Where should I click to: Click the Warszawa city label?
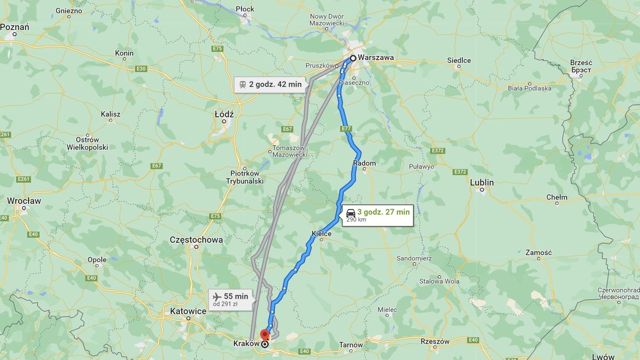[x=376, y=58]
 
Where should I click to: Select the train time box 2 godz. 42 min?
[x=270, y=84]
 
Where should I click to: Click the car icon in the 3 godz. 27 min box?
[x=350, y=212]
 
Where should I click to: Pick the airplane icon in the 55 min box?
[x=217, y=297]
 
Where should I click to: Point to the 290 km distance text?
[x=356, y=219]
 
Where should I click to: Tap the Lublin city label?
[x=482, y=182]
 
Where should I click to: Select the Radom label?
[x=364, y=163]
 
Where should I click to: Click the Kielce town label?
[x=321, y=234]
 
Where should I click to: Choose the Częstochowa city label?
[x=196, y=240]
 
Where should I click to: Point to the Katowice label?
[x=188, y=311]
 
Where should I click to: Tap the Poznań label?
[x=14, y=27]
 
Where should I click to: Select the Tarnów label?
[x=351, y=345]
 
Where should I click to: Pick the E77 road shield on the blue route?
[x=346, y=129]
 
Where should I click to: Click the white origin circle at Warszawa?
[x=353, y=58]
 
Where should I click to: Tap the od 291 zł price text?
[x=225, y=304]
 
